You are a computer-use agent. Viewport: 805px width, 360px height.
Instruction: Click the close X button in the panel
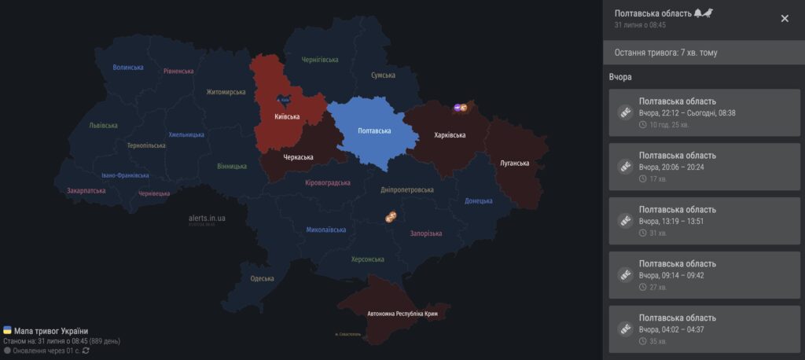pos(785,18)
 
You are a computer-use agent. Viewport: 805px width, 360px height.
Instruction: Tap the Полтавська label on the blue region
pos(373,130)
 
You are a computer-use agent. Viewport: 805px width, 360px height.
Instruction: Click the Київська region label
pos(286,117)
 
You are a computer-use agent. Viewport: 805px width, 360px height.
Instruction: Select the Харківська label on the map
pos(450,135)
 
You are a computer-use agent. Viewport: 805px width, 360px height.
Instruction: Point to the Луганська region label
pos(514,163)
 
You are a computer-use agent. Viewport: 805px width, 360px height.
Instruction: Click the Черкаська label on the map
pos(298,157)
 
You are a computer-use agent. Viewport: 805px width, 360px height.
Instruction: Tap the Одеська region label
pos(262,278)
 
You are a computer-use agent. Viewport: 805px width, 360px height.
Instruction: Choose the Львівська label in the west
pos(103,125)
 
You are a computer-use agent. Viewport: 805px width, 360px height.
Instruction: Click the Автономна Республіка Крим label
pos(402,314)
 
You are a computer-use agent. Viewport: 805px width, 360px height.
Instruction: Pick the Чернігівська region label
pos(320,60)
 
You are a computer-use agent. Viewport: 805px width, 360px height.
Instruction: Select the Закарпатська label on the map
pos(86,190)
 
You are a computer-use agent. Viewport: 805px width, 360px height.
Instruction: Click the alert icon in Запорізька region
pos(391,216)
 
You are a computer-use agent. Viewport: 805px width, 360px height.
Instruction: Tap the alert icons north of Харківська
pos(461,108)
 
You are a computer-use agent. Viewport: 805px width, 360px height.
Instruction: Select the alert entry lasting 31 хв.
pos(704,222)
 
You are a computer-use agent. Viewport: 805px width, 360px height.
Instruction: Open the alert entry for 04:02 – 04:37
pos(704,329)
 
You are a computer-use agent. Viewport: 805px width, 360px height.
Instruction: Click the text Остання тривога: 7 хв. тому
pos(665,53)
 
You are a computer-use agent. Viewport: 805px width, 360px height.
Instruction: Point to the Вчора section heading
pos(620,77)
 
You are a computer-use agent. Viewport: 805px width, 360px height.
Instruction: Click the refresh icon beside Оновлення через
pos(86,351)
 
